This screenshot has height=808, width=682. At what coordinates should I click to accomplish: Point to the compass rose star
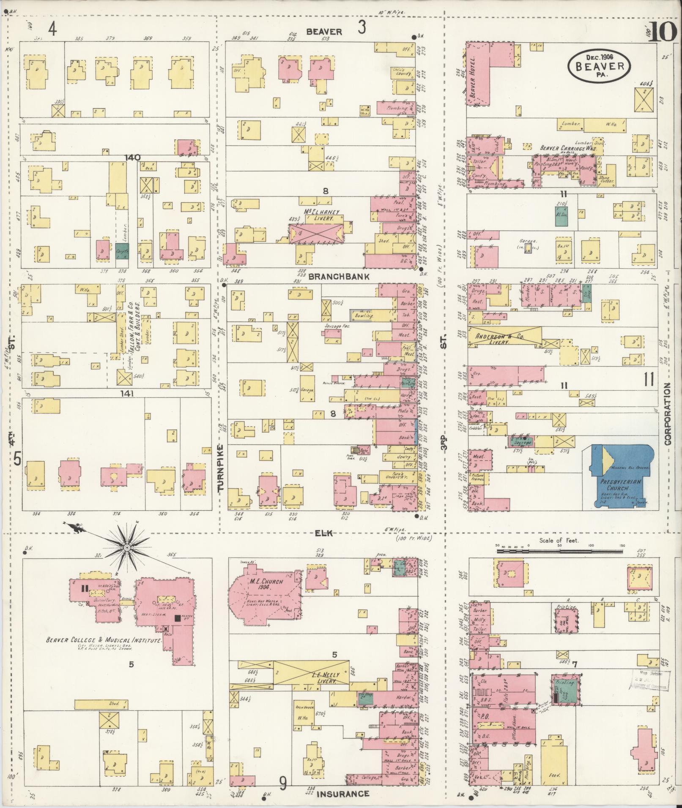(126, 547)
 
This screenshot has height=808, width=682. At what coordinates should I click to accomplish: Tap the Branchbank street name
(339, 277)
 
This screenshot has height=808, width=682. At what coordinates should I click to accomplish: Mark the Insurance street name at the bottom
(342, 794)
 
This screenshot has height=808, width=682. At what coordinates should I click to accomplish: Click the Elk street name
(324, 533)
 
